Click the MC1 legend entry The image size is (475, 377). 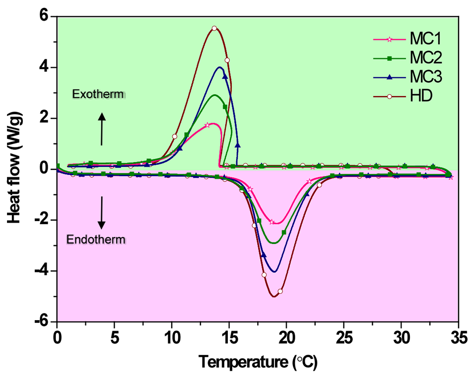click(407, 39)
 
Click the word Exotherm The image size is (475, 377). click(97, 94)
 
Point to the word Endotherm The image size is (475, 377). click(96, 240)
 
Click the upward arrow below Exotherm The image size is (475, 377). click(101, 129)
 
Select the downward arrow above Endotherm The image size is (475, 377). click(101, 212)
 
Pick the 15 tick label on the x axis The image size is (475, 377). click(229, 339)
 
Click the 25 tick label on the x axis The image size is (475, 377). click(344, 339)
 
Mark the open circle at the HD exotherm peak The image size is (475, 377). click(214, 28)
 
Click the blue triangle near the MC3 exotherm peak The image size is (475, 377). click(225, 76)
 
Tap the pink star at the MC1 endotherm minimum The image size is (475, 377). click(272, 222)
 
